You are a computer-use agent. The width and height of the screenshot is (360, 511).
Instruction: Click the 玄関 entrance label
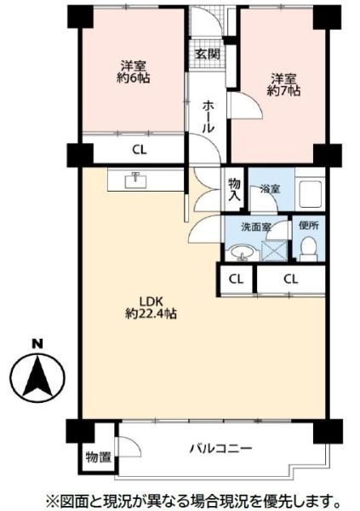(x=208, y=54)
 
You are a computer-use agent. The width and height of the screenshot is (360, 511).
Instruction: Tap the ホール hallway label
(x=209, y=117)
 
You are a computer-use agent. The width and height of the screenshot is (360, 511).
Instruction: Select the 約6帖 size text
(x=134, y=78)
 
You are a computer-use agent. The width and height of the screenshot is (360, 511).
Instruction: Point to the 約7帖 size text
(x=283, y=90)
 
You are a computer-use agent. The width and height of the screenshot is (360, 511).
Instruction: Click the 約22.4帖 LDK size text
(x=151, y=313)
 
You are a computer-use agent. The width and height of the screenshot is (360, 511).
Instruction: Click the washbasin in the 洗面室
(x=242, y=253)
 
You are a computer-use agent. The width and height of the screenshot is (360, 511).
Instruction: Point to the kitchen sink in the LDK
(x=136, y=181)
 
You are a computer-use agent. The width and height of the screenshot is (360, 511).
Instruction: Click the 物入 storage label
(x=234, y=189)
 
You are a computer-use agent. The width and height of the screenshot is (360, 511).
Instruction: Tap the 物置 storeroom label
(x=99, y=457)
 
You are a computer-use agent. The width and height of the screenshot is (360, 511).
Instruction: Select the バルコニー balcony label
(x=221, y=449)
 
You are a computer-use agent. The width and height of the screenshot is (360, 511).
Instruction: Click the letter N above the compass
(x=37, y=344)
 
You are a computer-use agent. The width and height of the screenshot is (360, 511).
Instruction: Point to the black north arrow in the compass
(x=37, y=376)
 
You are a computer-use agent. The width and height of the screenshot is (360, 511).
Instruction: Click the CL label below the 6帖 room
(x=140, y=150)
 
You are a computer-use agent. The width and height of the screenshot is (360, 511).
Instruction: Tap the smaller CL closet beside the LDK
(x=236, y=279)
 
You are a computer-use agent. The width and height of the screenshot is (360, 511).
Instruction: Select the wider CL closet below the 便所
(x=291, y=279)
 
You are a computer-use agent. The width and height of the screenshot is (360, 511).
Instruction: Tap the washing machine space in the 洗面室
(x=274, y=250)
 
